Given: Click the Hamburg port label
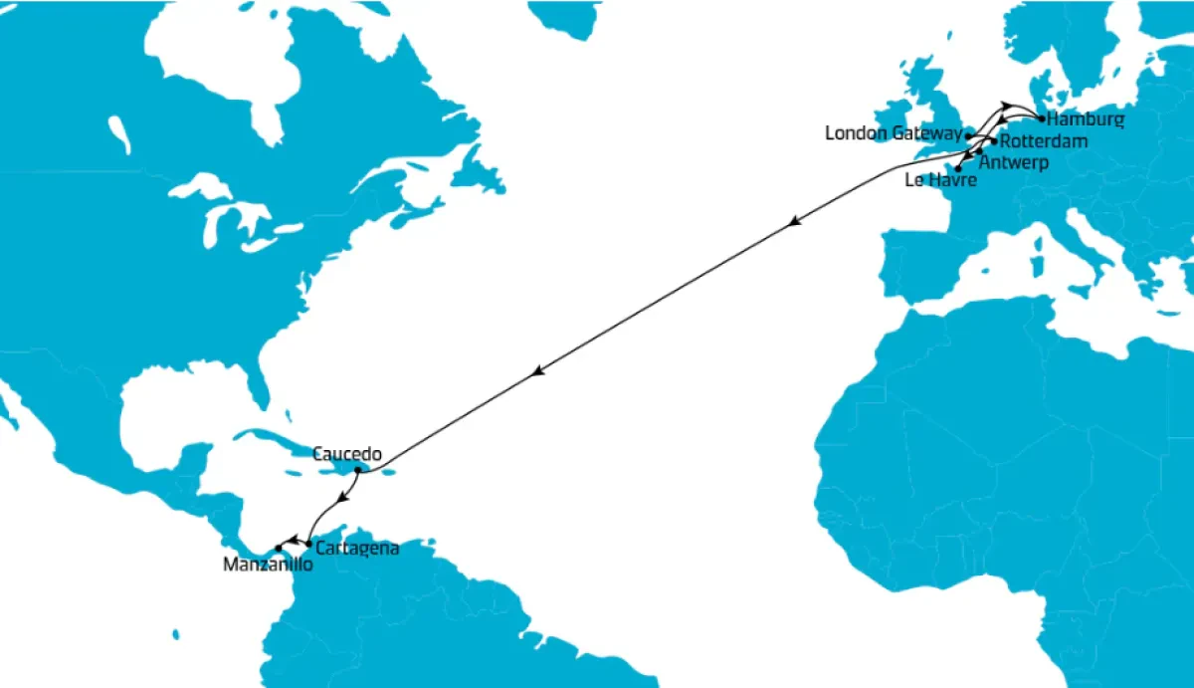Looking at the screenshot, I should (x=1087, y=119).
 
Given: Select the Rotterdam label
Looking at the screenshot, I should (x=1044, y=141).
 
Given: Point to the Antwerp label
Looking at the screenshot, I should (x=1015, y=161).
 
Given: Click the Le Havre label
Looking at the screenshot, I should (x=940, y=181).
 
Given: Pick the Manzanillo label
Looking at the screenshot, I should (x=269, y=565).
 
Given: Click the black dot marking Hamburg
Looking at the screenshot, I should (x=1041, y=118).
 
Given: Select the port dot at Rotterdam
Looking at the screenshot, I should (x=994, y=141).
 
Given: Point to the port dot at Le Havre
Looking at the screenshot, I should (x=957, y=169).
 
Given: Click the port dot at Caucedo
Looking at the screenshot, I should (x=357, y=470).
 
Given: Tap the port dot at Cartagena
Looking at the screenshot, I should (x=308, y=544).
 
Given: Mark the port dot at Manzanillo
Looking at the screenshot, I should (x=279, y=549).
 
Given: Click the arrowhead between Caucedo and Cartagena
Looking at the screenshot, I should (x=342, y=498).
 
